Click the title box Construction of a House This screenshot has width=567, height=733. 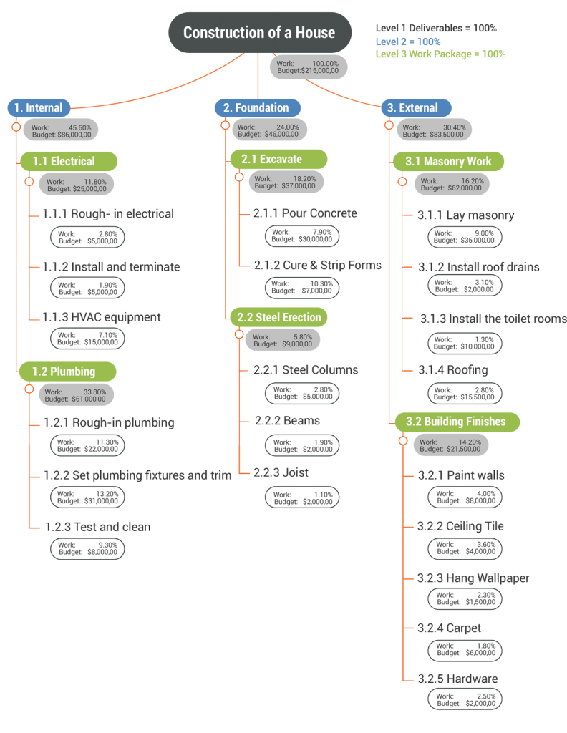pyautogui.click(x=260, y=32)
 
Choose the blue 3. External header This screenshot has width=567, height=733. pyautogui.click(x=416, y=108)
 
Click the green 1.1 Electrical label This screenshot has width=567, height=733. pyautogui.click(x=68, y=161)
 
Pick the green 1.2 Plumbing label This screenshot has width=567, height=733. pyautogui.click(x=68, y=371)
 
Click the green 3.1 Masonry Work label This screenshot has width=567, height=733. pyautogui.click(x=448, y=161)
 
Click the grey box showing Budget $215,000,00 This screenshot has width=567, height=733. pyautogui.click(x=308, y=67)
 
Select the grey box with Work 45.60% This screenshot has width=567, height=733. pyautogui.click(x=62, y=130)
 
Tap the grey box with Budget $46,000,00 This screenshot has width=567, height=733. pyautogui.click(x=269, y=130)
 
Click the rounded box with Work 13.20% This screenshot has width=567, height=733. pyautogui.click(x=87, y=497)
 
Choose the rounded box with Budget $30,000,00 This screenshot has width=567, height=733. pyautogui.click(x=301, y=236)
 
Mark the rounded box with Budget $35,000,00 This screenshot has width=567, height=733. pyautogui.click(x=465, y=236)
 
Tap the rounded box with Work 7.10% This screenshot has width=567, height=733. pyautogui.click(x=87, y=339)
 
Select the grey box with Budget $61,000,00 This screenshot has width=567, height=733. pyautogui.click(x=76, y=395)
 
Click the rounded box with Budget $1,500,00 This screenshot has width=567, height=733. pyautogui.click(x=465, y=598)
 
